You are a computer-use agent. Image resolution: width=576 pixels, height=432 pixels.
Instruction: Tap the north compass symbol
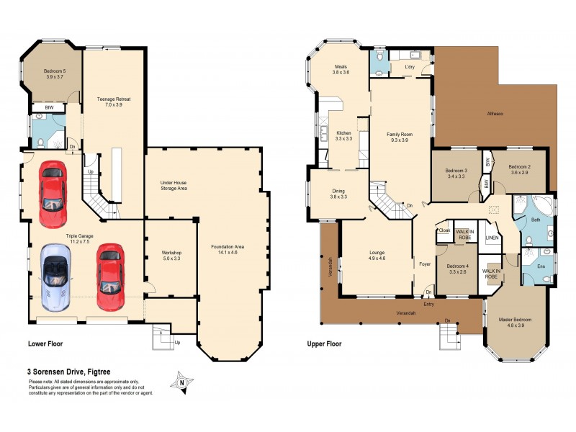pos(183,382)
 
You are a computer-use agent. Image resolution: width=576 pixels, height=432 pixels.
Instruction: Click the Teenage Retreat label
pos(114,102)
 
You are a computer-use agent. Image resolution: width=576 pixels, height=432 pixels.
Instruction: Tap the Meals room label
pos(341,69)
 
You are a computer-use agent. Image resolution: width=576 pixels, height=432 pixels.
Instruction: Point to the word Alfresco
pos(495,114)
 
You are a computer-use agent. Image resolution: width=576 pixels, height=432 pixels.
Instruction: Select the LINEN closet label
pos(492,237)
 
